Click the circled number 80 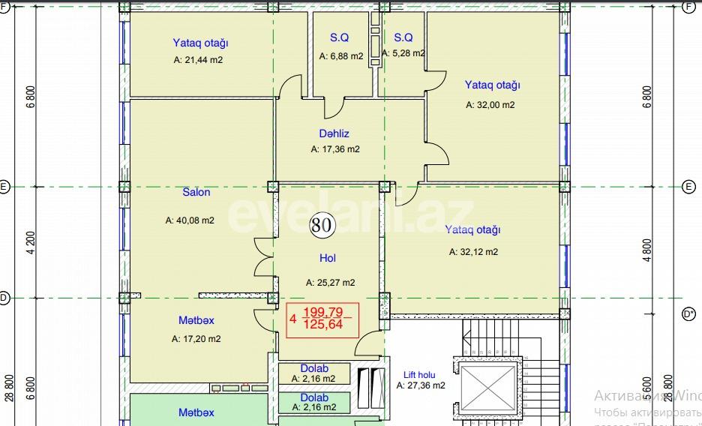click(324, 223)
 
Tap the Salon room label click(196, 192)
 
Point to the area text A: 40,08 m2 click(190, 220)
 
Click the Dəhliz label click(334, 133)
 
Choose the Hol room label click(328, 258)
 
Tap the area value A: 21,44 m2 click(198, 60)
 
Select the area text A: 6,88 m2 click(341, 56)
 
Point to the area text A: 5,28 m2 click(403, 53)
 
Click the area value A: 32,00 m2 click(490, 105)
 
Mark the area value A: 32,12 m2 click(473, 252)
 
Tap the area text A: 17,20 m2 click(196, 339)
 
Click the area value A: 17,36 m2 click(335, 149)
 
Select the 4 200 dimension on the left click(30, 243)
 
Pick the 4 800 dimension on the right click(647, 249)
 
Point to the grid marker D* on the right click(688, 315)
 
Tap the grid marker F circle click(688, 7)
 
